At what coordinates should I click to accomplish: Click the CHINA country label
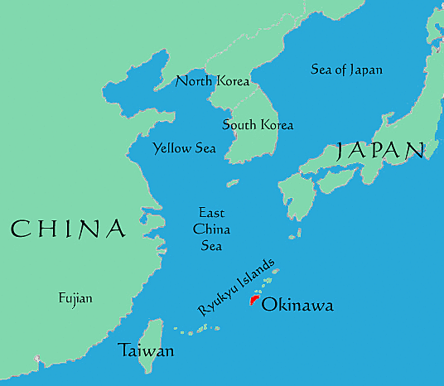(x=68, y=228)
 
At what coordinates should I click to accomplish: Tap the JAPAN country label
(x=380, y=150)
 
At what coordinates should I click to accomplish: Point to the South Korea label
(x=258, y=125)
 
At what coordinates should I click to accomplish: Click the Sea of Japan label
(x=346, y=70)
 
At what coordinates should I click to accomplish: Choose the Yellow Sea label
(x=184, y=148)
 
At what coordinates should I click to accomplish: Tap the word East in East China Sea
(x=212, y=213)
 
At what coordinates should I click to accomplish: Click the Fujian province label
(x=75, y=298)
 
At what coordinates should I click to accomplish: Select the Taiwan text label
(x=146, y=350)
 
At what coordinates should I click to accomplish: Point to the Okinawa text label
(x=297, y=306)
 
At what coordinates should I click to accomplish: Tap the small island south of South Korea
(x=233, y=183)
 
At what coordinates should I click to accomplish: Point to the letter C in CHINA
(x=21, y=228)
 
